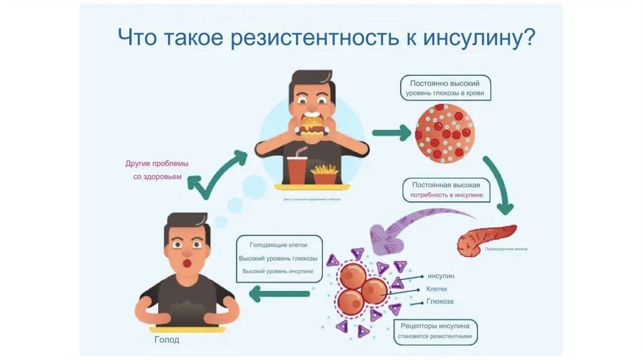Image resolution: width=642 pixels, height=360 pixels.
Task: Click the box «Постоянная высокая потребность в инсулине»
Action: click(446, 190)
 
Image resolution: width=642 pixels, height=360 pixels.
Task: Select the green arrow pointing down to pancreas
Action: click(498, 185)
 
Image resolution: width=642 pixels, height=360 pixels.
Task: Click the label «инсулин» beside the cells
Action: click(440, 276)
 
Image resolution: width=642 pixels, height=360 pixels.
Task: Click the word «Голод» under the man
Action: click(167, 340)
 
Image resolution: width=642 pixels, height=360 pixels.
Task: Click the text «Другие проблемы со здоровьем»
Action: click(157, 170)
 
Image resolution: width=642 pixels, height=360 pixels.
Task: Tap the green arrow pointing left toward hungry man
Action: click(279, 293)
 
